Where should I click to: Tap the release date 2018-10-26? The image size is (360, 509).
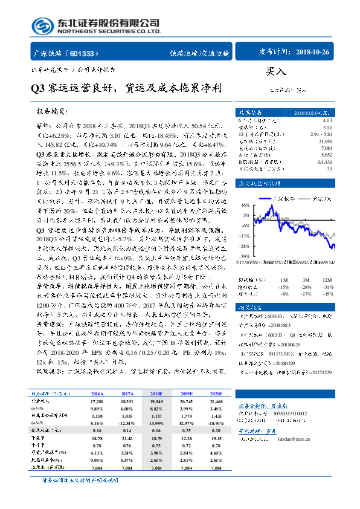tap(314, 53)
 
